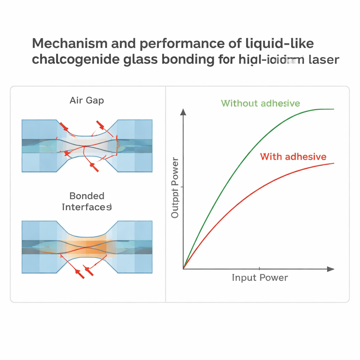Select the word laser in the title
(324, 59)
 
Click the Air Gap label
(87, 101)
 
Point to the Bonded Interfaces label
(87, 201)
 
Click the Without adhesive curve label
(261, 103)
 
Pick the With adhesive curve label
(293, 156)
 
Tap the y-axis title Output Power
(175, 188)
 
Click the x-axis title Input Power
(260, 278)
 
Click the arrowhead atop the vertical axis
(183, 112)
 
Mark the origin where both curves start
(184, 269)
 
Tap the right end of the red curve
(333, 163)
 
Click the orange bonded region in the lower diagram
(86, 245)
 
